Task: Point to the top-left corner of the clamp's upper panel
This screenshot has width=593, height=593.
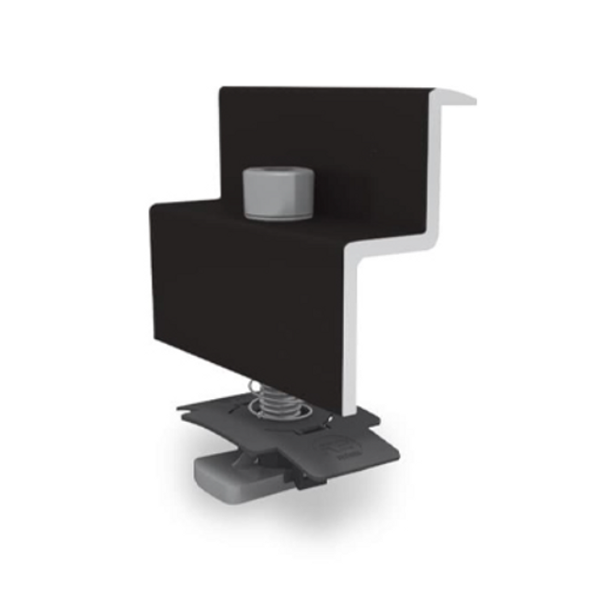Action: [x=222, y=90]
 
